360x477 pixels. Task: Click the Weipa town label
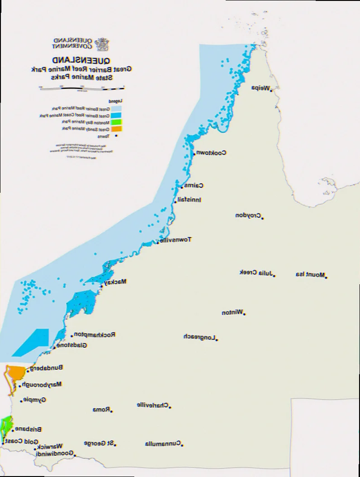coord(261,88)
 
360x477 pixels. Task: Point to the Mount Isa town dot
coord(326,277)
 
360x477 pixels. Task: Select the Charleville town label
coord(152,405)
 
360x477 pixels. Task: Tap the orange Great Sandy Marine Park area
coord(15,373)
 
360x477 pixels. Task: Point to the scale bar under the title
coord(81,87)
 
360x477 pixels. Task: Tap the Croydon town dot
coord(262,219)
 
